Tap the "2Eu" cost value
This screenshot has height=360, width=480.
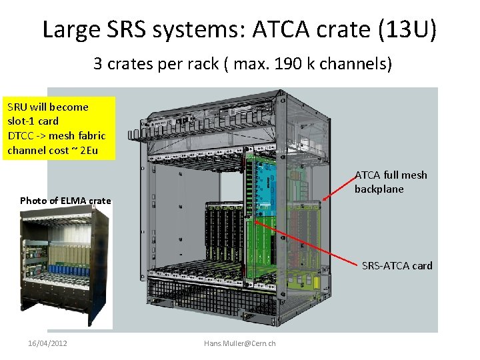click(x=89, y=150)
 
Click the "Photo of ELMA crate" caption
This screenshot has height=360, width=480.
click(x=65, y=200)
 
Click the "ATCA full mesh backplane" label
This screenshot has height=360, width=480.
click(x=391, y=182)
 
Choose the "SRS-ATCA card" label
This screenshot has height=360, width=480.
click(x=397, y=265)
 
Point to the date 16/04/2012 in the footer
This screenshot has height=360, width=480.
click(x=47, y=343)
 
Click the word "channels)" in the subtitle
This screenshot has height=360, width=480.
click(x=361, y=64)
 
